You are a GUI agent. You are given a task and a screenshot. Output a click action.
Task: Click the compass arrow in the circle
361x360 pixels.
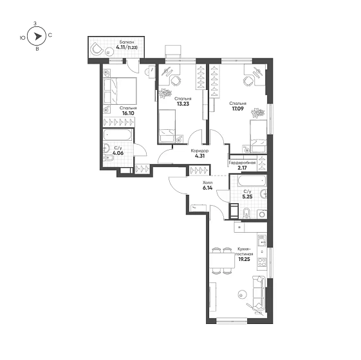coord(38,37)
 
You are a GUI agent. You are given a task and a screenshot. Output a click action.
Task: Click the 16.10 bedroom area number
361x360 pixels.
coord(128,113)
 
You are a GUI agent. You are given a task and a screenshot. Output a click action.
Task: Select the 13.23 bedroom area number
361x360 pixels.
coord(183,104)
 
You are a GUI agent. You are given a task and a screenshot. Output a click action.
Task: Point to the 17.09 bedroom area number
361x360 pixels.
coord(237,109)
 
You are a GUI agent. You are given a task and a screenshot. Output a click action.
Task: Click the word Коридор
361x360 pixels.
coord(199,151)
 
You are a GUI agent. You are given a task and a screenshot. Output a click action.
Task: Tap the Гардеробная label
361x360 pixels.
coord(242,163)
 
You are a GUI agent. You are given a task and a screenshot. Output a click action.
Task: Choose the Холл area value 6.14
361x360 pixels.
coord(207,188)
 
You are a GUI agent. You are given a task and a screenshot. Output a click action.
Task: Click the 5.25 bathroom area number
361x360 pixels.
coord(247,197)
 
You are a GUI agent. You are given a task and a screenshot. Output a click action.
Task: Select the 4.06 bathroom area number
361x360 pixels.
coord(118,153)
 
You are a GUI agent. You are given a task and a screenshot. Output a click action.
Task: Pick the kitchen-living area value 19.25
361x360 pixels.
coord(245,259)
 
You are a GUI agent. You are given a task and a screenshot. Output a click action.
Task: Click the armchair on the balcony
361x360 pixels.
coord(97,49)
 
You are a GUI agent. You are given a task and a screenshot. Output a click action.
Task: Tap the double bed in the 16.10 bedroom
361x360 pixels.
coord(120,91)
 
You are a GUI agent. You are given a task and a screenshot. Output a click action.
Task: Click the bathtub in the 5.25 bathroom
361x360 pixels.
coord(252,181)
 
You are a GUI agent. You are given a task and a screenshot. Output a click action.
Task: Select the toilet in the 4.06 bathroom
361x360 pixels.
coord(108,158)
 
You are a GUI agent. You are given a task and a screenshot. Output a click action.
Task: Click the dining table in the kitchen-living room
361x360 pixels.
coord(222,260)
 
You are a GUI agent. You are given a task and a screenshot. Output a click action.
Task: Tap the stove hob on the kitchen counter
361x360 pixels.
coord(262,262)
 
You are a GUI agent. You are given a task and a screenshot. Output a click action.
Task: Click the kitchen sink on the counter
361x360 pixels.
coord(262,240)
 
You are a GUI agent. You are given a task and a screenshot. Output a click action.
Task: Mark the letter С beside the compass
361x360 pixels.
coord(50,35)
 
